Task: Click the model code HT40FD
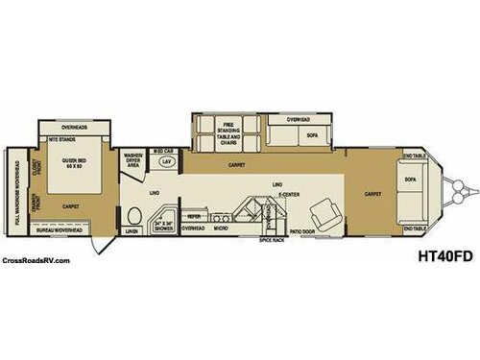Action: [x=438, y=255]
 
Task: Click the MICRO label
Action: [x=221, y=228]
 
